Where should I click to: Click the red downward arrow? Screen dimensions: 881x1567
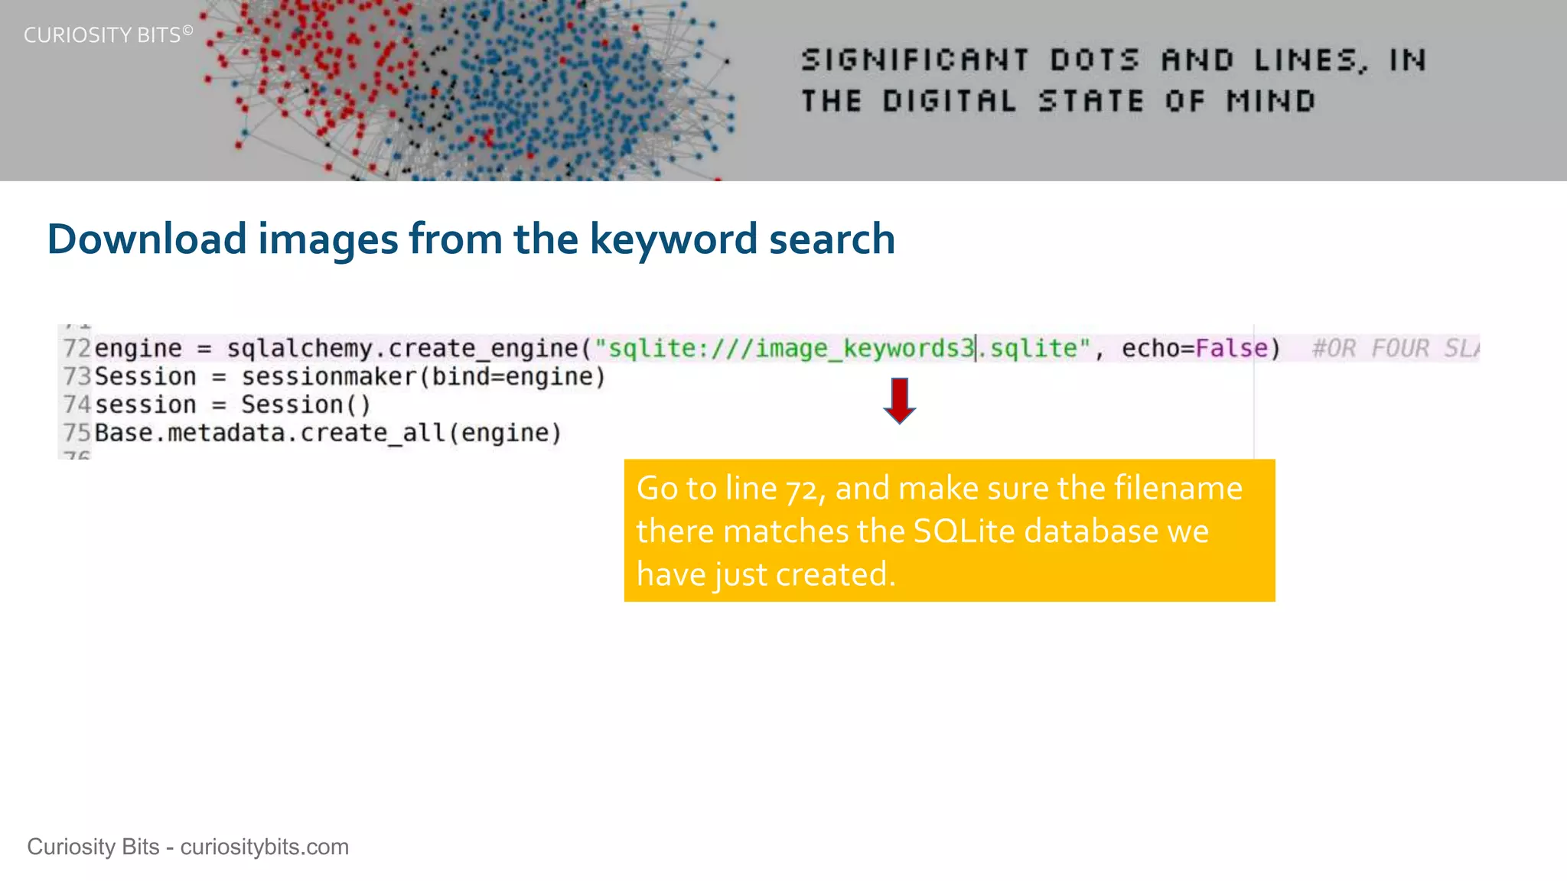click(x=900, y=400)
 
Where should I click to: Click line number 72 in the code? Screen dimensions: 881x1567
click(x=77, y=349)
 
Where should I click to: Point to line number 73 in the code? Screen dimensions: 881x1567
click(x=77, y=377)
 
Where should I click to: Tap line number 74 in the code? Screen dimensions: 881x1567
click(x=77, y=405)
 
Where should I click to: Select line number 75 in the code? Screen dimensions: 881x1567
click(x=77, y=433)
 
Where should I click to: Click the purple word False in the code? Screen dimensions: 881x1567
click(x=1231, y=349)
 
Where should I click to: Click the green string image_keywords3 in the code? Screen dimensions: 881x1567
click(x=865, y=349)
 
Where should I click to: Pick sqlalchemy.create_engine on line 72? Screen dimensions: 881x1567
click(x=402, y=349)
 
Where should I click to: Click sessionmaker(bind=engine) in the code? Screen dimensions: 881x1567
click(x=423, y=377)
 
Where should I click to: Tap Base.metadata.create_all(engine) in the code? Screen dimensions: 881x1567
click(x=327, y=433)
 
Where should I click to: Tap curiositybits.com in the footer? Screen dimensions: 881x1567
click(x=264, y=847)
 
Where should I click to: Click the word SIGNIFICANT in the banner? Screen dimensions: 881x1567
click(x=915, y=60)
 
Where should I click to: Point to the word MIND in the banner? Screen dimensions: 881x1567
click(x=1271, y=101)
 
